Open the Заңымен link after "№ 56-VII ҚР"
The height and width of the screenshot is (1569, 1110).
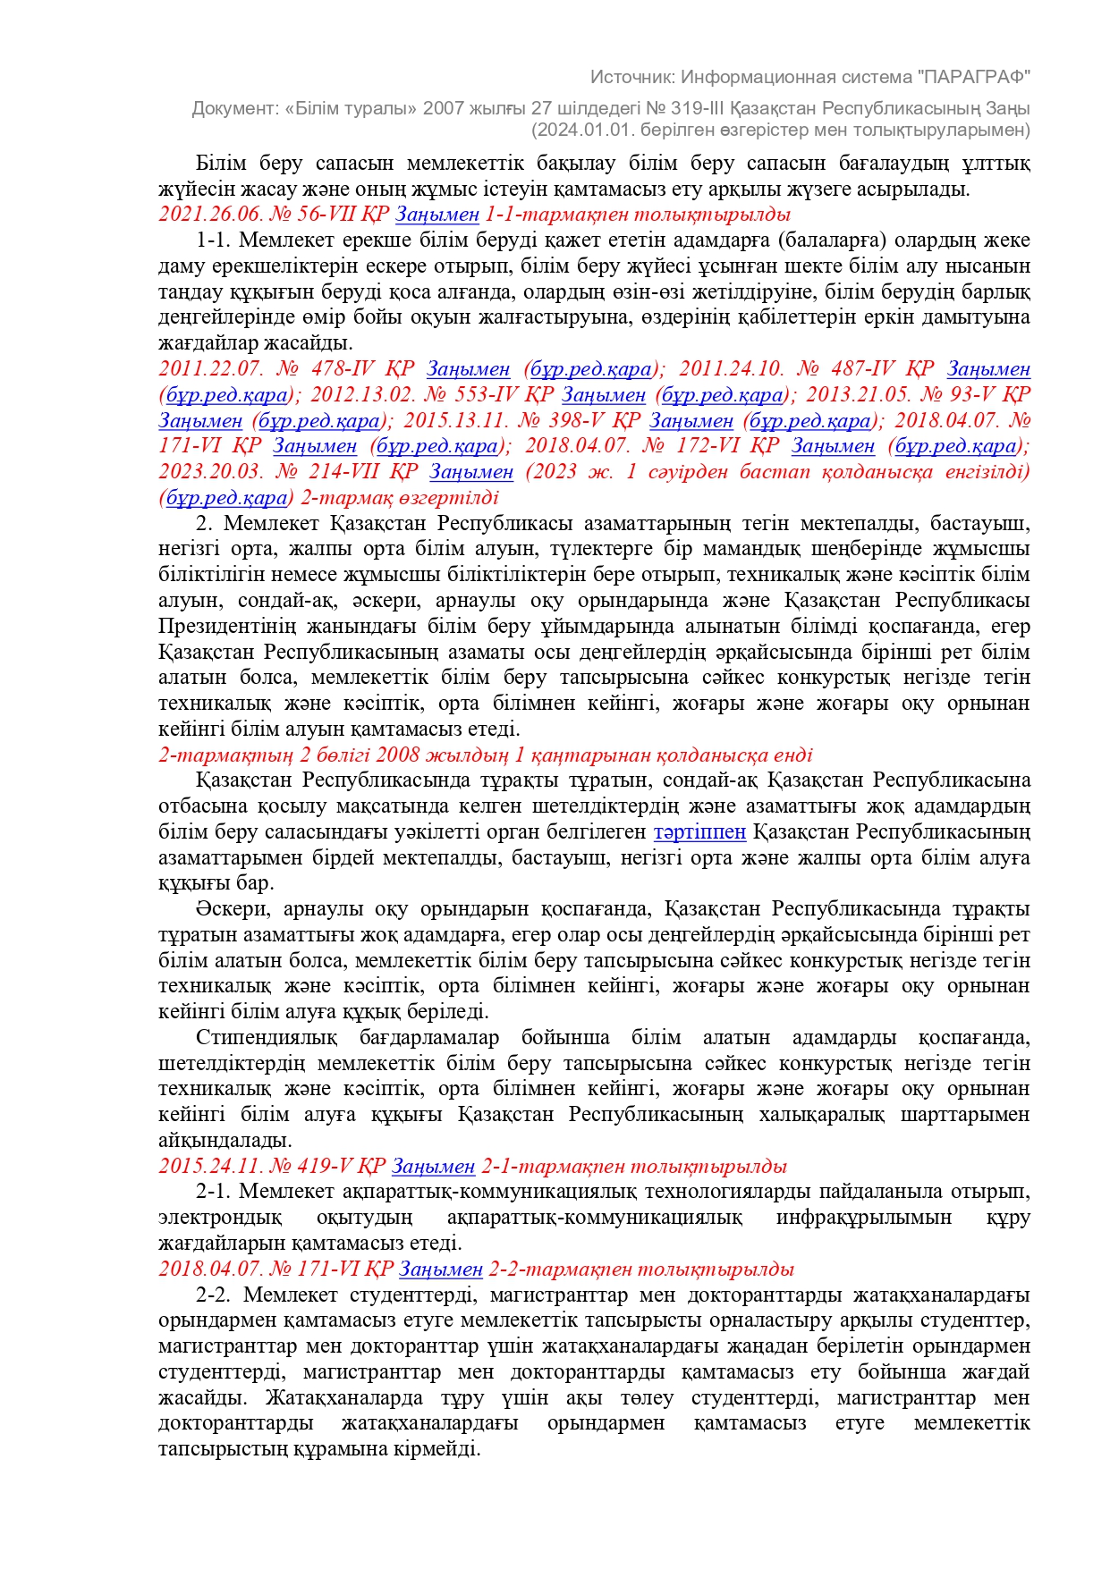coord(437,215)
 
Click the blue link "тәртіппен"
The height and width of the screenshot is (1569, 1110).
coord(699,832)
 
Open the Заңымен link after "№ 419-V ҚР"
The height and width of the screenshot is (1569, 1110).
coord(434,1167)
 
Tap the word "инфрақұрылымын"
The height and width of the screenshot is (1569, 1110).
coord(864,1218)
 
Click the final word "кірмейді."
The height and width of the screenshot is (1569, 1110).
coord(438,1449)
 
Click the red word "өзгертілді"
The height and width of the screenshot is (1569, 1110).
coord(449,497)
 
